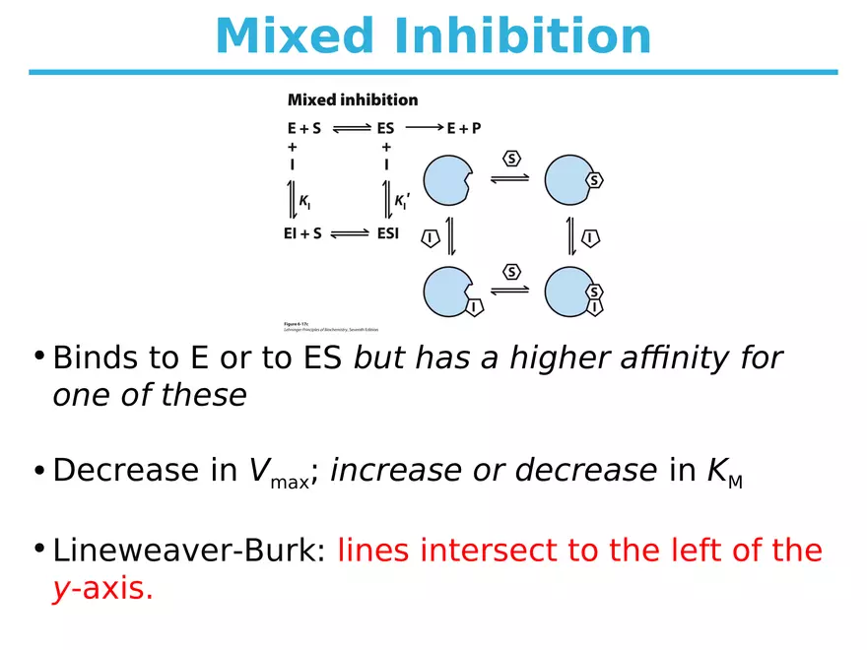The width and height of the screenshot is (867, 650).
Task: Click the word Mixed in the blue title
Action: pos(293,36)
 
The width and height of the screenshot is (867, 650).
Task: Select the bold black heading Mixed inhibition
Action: pos(352,99)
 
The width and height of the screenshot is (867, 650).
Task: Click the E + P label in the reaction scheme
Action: pos(463,128)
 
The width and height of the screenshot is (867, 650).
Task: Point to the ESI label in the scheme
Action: pos(387,235)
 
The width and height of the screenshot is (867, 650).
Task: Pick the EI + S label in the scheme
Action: pos(303,235)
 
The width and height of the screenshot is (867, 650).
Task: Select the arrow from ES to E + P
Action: pos(424,128)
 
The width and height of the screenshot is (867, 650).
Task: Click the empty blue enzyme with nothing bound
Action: pos(448,181)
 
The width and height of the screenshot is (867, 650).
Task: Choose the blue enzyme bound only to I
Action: pos(449,292)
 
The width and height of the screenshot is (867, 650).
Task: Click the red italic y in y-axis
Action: pos(60,589)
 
